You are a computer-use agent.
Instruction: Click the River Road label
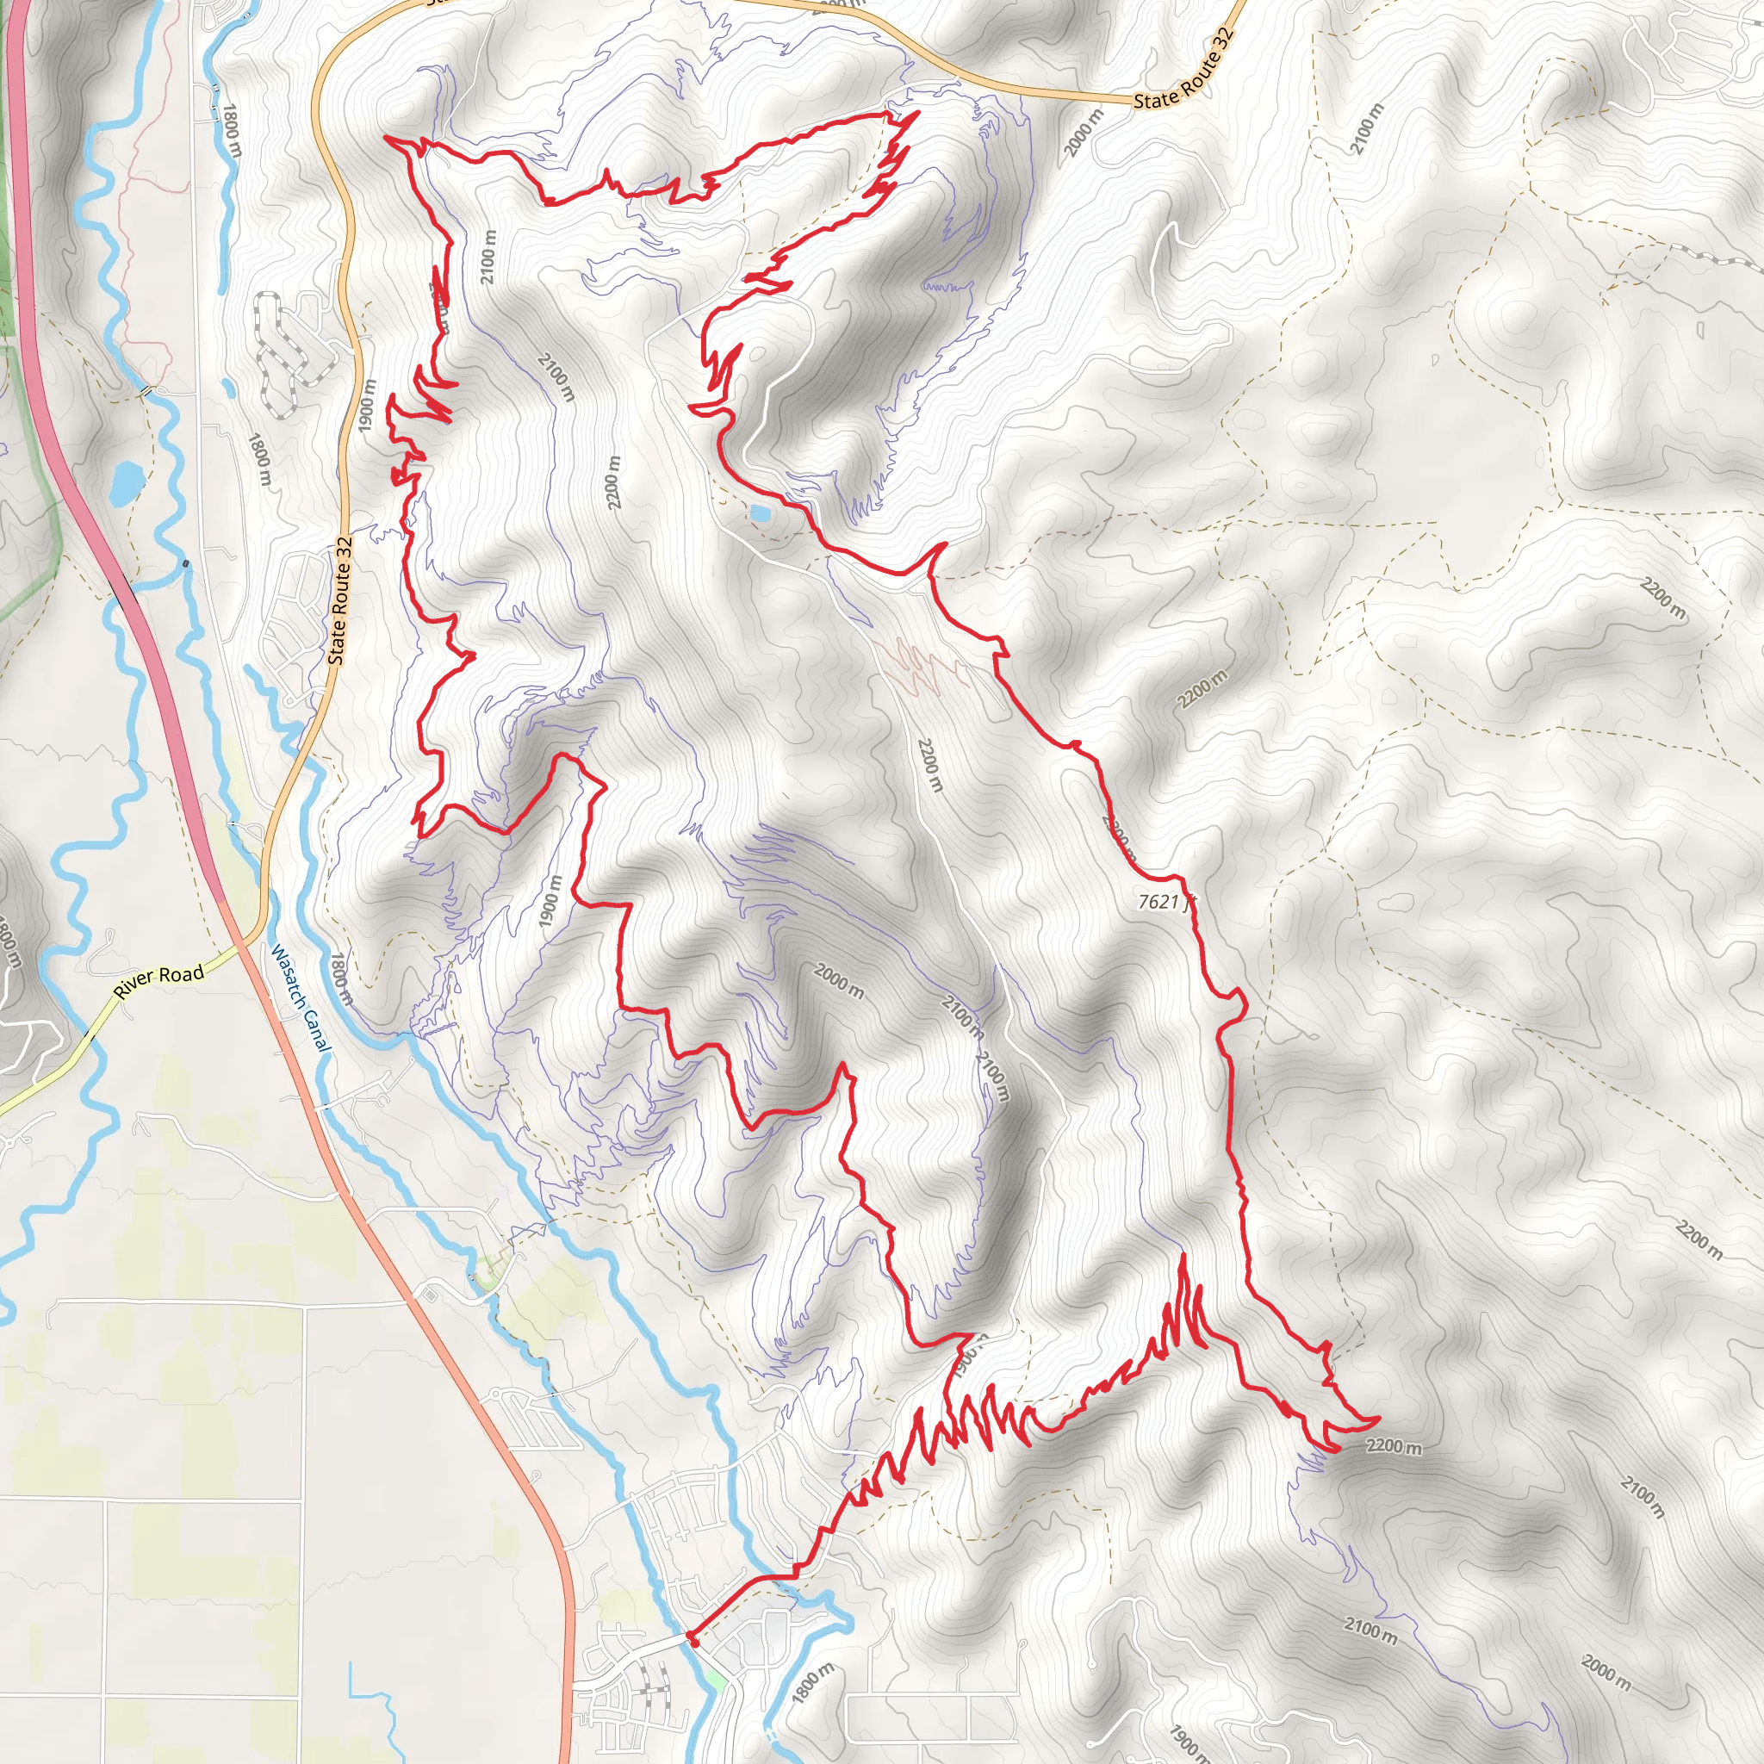(x=158, y=982)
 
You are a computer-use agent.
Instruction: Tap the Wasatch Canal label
(x=301, y=998)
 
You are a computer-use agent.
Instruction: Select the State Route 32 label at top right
(x=1183, y=69)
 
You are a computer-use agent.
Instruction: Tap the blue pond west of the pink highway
(x=127, y=482)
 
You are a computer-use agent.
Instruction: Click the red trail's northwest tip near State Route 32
(x=387, y=137)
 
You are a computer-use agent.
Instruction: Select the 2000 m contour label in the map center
(x=837, y=982)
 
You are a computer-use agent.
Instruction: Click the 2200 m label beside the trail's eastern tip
(x=1394, y=1447)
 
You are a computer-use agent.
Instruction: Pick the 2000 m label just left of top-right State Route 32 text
(x=1084, y=133)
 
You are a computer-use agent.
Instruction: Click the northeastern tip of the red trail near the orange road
(x=916, y=112)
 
